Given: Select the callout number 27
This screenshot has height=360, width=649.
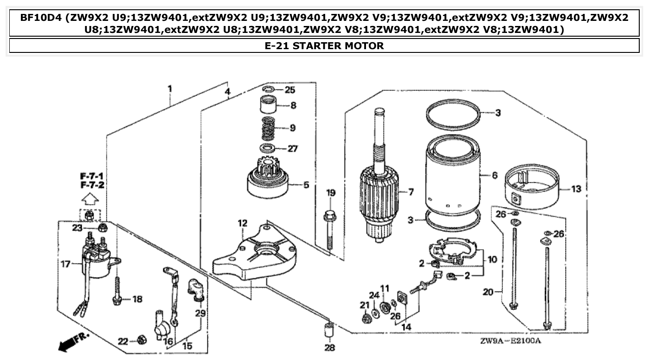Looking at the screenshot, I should click(293, 149).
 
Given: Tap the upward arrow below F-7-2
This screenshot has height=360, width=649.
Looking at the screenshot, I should click(91, 199).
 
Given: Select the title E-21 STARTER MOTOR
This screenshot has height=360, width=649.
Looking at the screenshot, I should click(324, 46).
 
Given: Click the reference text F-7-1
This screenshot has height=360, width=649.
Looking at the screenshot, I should click(91, 177).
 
